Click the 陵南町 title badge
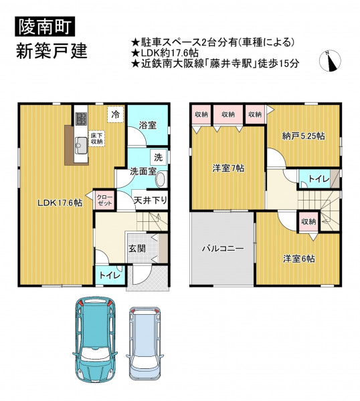click(x=45, y=26)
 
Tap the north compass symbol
click(x=330, y=61)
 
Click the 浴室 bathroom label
click(x=148, y=126)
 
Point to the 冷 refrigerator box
click(x=116, y=114)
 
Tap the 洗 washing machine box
click(x=159, y=157)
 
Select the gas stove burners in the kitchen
click(x=81, y=119)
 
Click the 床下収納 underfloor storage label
click(x=96, y=138)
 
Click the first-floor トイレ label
click(x=110, y=275)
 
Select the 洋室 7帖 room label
click(x=228, y=168)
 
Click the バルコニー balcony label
click(x=223, y=249)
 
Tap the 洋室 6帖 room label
click(x=299, y=259)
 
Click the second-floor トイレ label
click(x=319, y=179)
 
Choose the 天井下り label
click(x=150, y=200)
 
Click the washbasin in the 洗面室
click(x=161, y=179)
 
